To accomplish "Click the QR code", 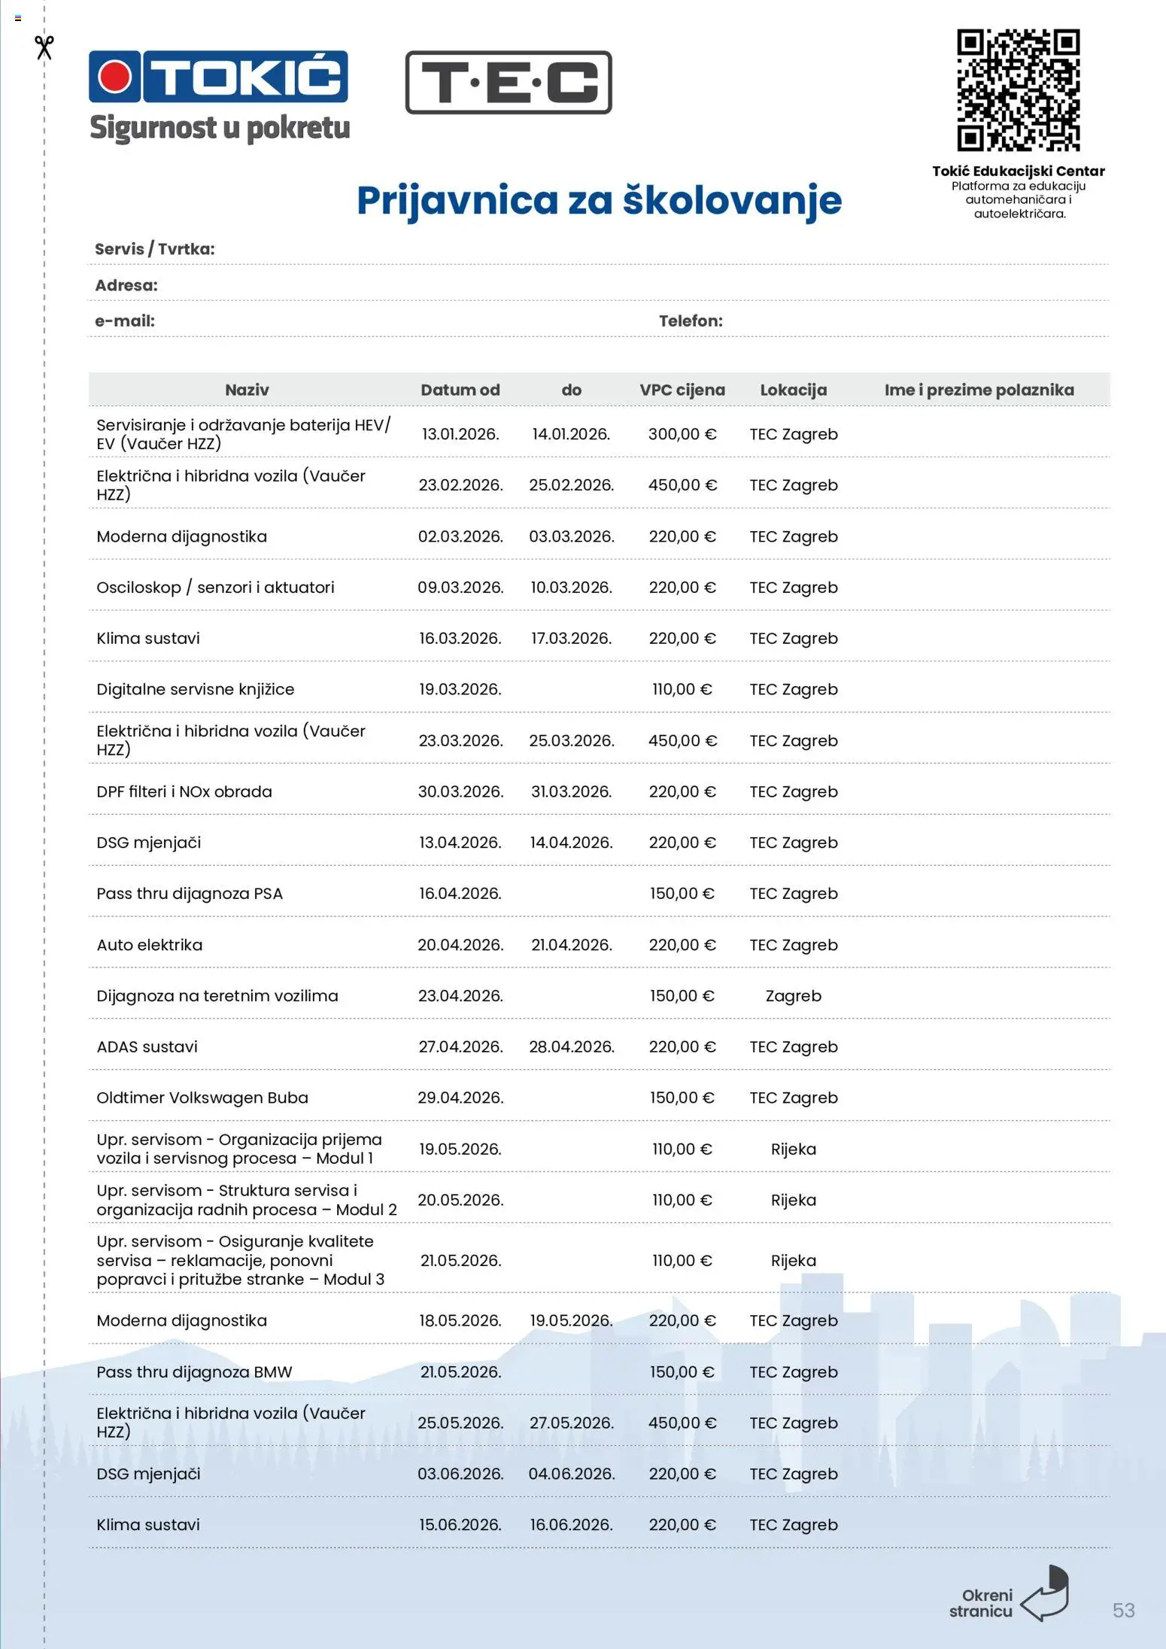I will pyautogui.click(x=1018, y=90).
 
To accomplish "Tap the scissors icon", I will pyautogui.click(x=44, y=47).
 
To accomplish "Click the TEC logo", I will pyautogui.click(x=509, y=83).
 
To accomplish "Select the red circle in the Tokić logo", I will pyautogui.click(x=115, y=77).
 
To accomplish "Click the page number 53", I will pyautogui.click(x=1123, y=1610).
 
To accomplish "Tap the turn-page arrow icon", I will pyautogui.click(x=1046, y=1594).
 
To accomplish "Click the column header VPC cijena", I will pyautogui.click(x=682, y=390).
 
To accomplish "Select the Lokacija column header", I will pyautogui.click(x=793, y=390).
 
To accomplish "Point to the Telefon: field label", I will pyautogui.click(x=691, y=320).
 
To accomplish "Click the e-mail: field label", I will pyautogui.click(x=125, y=320).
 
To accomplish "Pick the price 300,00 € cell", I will pyautogui.click(x=682, y=434).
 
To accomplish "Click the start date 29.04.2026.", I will pyautogui.click(x=460, y=1098).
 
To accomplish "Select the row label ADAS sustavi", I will pyautogui.click(x=147, y=1046).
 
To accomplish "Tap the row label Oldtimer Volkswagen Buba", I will pyautogui.click(x=202, y=1098).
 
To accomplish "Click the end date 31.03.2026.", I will pyautogui.click(x=571, y=791).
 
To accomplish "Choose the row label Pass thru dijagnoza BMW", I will pyautogui.click(x=194, y=1371).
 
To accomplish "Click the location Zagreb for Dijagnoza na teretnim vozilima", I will pyautogui.click(x=793, y=995).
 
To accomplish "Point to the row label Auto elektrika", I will pyautogui.click(x=150, y=945).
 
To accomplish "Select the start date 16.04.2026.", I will pyautogui.click(x=460, y=894).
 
